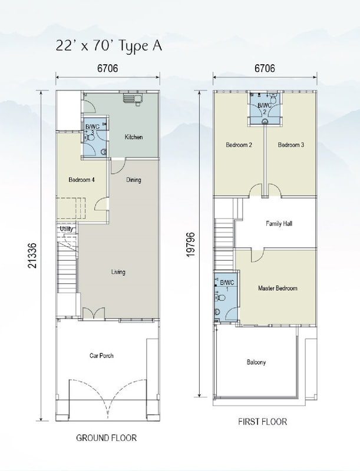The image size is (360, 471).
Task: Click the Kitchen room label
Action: coord(134,137)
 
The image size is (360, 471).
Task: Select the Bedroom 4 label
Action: coord(82,180)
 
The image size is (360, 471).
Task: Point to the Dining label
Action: coord(134,180)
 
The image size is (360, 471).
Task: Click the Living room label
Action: coord(118,272)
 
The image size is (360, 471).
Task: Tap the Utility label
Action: coord(66,228)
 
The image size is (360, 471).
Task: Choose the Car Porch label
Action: coord(101,356)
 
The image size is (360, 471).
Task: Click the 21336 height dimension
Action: coord(32,256)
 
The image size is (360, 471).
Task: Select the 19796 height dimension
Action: coord(191,244)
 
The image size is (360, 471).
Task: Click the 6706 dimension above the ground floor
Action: coord(108,68)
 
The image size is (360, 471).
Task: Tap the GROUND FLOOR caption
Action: coord(107,438)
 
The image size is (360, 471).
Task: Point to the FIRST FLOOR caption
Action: coord(263,422)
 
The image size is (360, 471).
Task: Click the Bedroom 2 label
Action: coord(239,145)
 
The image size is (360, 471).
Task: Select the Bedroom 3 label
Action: coord(291,145)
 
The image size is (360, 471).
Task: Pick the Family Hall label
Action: coord(279,224)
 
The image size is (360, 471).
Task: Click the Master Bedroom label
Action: coord(278,288)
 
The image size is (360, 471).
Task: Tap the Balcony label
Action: coord(256,362)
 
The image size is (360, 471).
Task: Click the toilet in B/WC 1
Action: coord(220,298)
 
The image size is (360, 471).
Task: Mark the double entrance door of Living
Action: coord(94,313)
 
